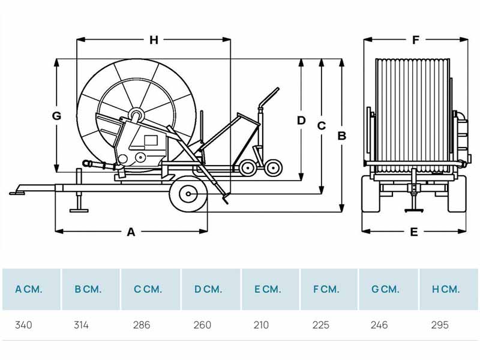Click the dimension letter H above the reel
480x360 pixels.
[154, 40]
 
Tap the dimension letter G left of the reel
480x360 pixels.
[56, 116]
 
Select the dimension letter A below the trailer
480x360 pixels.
[131, 232]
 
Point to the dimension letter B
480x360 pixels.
[341, 136]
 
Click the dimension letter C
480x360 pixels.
[322, 126]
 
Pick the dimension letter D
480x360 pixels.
[301, 121]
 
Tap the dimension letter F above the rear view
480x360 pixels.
[415, 40]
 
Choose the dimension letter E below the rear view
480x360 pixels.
[414, 232]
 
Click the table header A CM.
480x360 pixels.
[28, 289]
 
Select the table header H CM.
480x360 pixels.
[446, 289]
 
